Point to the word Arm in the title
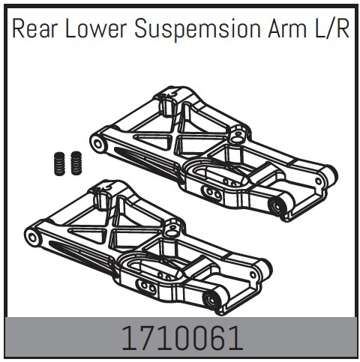click(x=287, y=29)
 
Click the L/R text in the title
click(x=331, y=29)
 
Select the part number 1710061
click(x=182, y=339)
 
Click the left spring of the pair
click(x=59, y=163)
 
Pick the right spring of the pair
click(x=76, y=163)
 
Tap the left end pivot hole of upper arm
click(x=97, y=144)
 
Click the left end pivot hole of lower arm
click(x=32, y=237)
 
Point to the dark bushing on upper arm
click(x=276, y=206)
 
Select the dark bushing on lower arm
click(x=211, y=300)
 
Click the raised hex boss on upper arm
click(x=237, y=133)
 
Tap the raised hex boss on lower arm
click(x=172, y=227)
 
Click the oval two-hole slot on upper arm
click(x=213, y=193)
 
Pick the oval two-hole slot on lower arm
click(x=147, y=286)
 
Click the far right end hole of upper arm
click(x=318, y=181)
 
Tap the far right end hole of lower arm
click(x=253, y=274)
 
